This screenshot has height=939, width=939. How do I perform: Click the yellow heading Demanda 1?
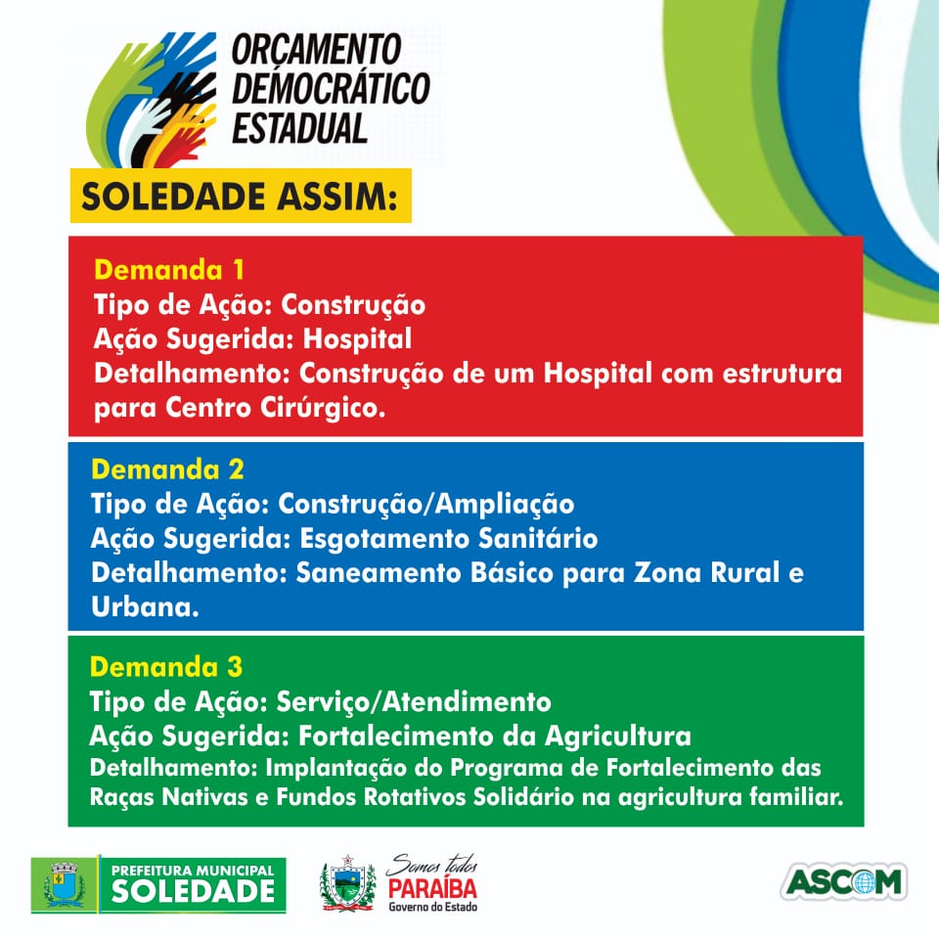pos(169,270)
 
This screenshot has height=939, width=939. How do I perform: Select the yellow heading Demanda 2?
pos(167,469)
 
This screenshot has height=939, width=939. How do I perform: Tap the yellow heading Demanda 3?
pos(166,667)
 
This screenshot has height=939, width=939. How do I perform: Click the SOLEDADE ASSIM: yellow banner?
pos(241,196)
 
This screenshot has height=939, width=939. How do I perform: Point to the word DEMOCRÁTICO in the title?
pos(331,88)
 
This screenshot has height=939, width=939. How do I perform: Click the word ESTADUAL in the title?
pos(299,128)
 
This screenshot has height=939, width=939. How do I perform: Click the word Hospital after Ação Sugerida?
pos(358,339)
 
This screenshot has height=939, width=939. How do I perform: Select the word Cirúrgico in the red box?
pos(323,408)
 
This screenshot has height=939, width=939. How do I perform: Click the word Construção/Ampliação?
pos(426,505)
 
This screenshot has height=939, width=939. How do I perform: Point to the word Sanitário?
pos(529,538)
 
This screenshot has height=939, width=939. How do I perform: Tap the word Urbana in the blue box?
pos(145,607)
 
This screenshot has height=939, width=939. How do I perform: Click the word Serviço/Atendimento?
pos(414,702)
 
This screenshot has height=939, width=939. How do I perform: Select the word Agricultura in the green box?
pos(618,736)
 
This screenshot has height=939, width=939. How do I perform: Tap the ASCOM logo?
pos(844,881)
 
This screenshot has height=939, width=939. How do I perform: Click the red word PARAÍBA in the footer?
pos(432,888)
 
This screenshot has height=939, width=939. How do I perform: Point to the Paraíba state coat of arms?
pos(348,883)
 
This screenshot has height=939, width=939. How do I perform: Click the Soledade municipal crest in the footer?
pos(65,884)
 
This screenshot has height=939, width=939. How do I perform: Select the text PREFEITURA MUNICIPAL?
pos(193,871)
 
